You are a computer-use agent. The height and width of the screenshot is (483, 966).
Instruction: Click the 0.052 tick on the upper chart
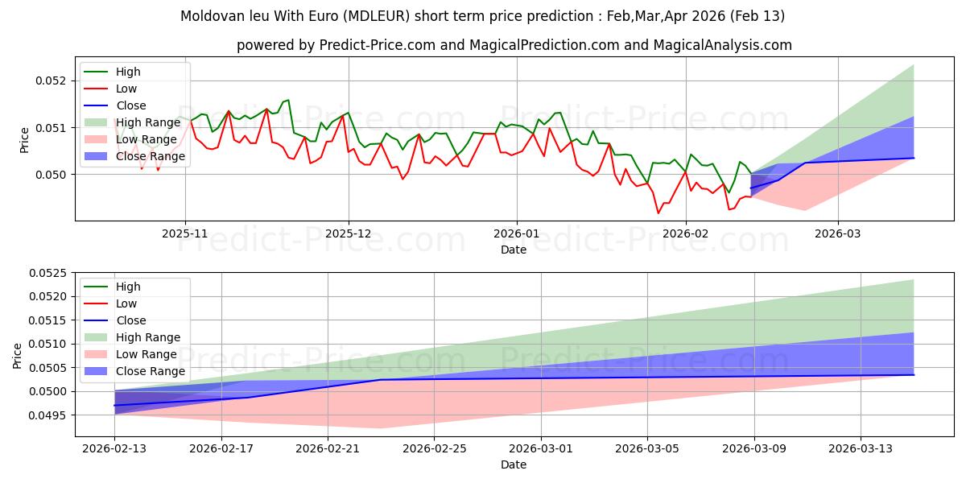click(53, 80)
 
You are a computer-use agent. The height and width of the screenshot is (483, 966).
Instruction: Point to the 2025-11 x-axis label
click(185, 233)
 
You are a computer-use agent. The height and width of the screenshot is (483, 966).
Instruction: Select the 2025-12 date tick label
click(349, 233)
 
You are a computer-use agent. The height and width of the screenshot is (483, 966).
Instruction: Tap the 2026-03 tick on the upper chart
click(838, 233)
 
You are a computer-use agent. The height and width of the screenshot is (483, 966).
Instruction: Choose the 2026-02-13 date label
click(114, 448)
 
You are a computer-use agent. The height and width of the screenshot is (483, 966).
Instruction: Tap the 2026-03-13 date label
click(861, 448)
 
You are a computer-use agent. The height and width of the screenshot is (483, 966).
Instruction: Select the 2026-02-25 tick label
click(434, 448)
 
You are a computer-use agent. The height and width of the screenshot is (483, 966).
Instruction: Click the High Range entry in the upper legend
click(147, 122)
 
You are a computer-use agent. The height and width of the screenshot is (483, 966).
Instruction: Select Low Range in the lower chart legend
click(147, 354)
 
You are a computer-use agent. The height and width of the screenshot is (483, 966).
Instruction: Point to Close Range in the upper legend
click(151, 156)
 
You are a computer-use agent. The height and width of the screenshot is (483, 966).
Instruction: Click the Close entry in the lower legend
click(131, 320)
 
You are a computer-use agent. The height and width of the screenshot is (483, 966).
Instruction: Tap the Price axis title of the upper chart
click(24, 139)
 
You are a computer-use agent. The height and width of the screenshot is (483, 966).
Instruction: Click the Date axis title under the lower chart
click(514, 464)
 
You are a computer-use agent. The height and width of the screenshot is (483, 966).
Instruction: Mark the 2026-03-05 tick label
click(647, 448)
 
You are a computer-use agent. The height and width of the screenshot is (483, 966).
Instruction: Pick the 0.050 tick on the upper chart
click(53, 175)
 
